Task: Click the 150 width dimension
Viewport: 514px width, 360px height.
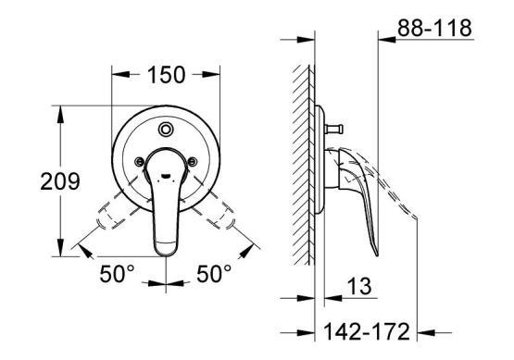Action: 166,75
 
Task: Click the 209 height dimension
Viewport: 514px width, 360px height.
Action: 60,181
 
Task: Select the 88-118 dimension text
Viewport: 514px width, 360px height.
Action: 434,28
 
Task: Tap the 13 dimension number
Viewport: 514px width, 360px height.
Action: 359,286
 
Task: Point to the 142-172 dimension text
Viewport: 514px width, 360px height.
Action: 367,331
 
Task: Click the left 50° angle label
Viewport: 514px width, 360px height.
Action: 117,274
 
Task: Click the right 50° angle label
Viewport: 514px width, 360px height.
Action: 214,274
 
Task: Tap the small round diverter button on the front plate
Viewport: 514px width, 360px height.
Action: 166,129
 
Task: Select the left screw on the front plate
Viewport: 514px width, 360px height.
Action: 139,161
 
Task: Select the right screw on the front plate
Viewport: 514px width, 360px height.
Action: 193,161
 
